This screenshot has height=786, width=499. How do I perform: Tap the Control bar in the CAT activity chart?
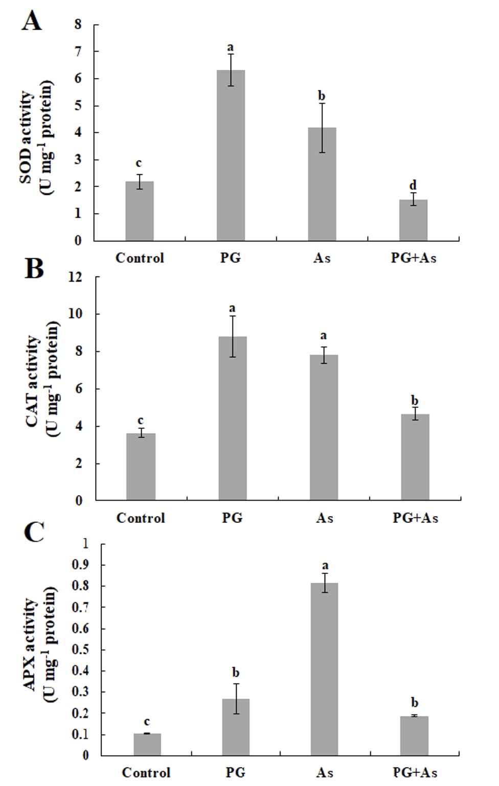pyautogui.click(x=141, y=466)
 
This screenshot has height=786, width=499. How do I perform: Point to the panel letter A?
pyautogui.click(x=32, y=21)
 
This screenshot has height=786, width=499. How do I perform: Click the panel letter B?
pyautogui.click(x=34, y=269)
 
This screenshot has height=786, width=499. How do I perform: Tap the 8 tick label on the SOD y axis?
pyautogui.click(x=78, y=25)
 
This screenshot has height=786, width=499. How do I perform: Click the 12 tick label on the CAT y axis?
pyautogui.click(x=75, y=277)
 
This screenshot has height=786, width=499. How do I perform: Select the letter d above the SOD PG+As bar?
pyautogui.click(x=413, y=185)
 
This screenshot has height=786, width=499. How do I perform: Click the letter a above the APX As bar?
pyautogui.click(x=325, y=565)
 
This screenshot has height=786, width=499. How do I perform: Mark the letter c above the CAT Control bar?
pyautogui.click(x=141, y=421)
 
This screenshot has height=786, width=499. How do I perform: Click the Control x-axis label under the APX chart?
pyautogui.click(x=146, y=772)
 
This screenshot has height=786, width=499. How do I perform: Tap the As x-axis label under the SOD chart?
pyautogui.click(x=322, y=258)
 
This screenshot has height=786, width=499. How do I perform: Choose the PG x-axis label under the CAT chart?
pyautogui.click(x=232, y=518)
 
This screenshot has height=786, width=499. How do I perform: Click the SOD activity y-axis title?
pyautogui.click(x=36, y=137)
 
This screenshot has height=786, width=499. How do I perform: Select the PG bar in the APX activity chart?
pyautogui.click(x=236, y=727)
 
